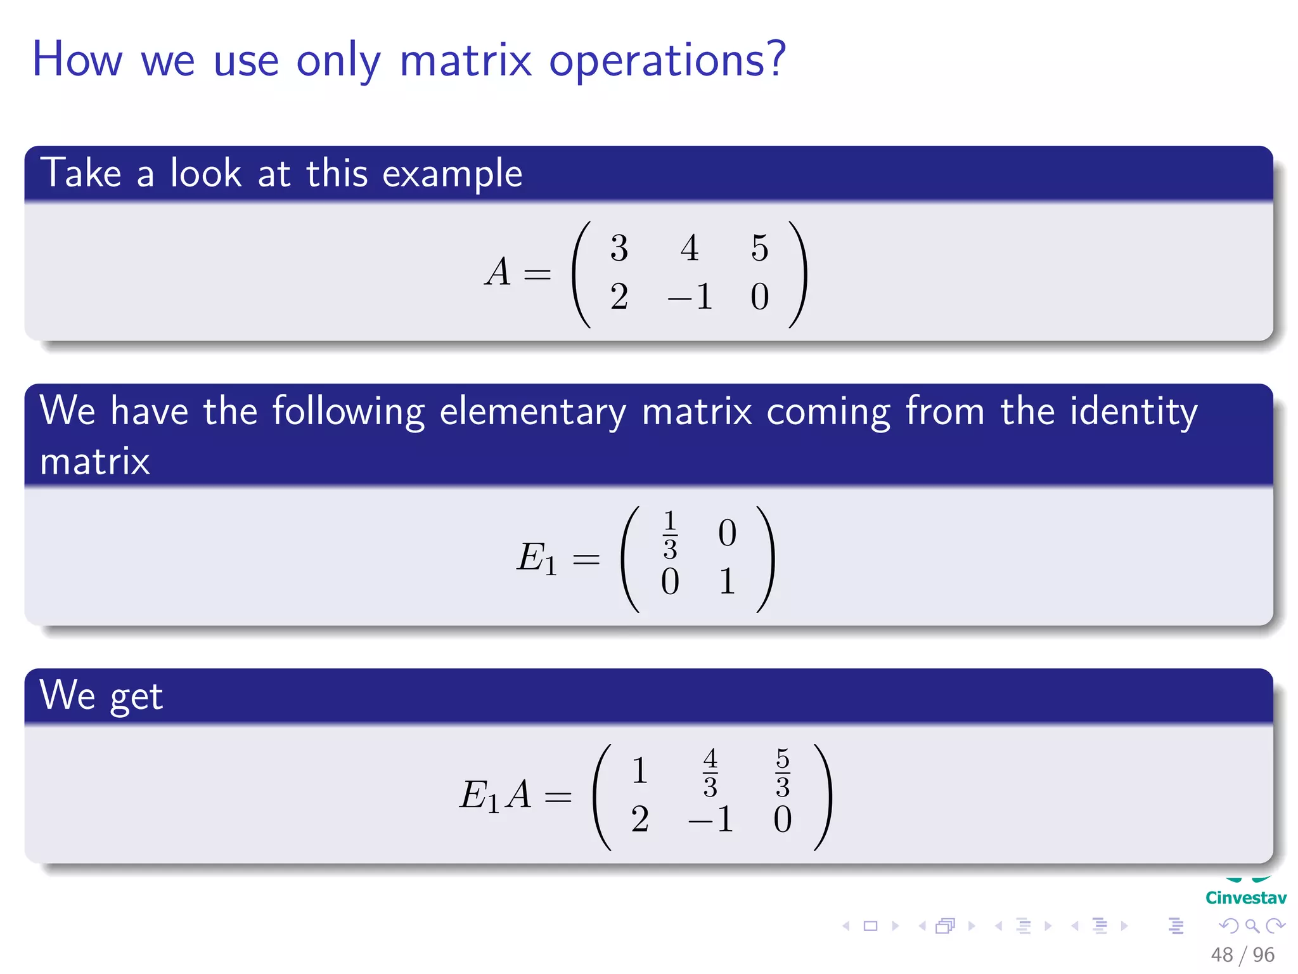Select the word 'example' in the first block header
pos(452,174)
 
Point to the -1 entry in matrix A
pos(690,297)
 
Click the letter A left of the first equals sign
pos(498,272)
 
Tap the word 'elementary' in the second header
pos(532,412)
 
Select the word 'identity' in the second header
pos(1133,412)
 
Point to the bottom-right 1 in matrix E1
pos(727,581)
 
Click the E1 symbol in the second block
pos(536,558)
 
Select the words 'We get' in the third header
pos(101,696)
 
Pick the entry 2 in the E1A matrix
pos(639,819)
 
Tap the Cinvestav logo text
pos(1245,898)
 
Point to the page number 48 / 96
pos(1242,954)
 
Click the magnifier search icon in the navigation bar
pos(1252,926)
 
